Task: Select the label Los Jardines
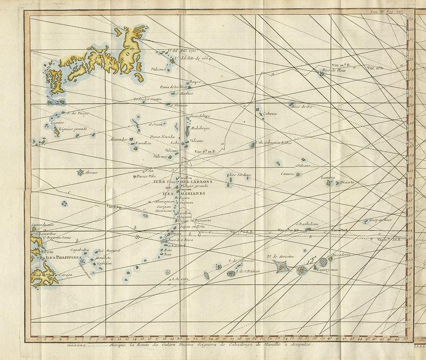click(240, 175)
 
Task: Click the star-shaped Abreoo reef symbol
click(81, 173)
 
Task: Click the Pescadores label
click(341, 255)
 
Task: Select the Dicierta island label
click(347, 182)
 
